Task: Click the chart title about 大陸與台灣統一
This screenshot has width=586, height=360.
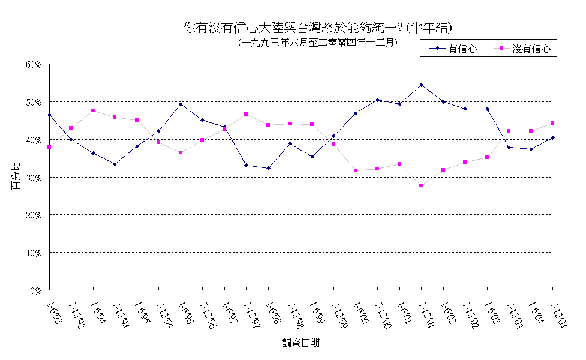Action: click(x=317, y=28)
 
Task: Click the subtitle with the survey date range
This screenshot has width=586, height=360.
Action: click(x=317, y=43)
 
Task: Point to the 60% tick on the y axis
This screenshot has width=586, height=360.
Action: click(x=34, y=64)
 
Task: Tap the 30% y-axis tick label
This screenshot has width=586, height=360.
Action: click(x=34, y=178)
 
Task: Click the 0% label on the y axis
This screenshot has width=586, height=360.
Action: click(x=36, y=290)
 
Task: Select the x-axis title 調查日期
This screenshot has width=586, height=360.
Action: click(x=300, y=343)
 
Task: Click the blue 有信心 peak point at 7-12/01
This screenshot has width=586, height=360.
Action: click(x=422, y=85)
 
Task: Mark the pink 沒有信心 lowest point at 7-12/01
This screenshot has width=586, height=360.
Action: click(x=422, y=185)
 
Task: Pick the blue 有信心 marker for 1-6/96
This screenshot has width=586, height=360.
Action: click(x=181, y=104)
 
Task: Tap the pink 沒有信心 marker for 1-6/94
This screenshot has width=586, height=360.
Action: click(x=93, y=110)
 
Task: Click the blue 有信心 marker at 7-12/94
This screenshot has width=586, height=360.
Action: click(x=115, y=164)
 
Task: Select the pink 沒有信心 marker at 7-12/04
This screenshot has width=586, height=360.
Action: click(x=552, y=123)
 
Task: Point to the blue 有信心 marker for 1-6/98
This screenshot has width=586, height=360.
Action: click(x=268, y=168)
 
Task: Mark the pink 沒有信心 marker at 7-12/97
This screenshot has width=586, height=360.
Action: click(x=246, y=114)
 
